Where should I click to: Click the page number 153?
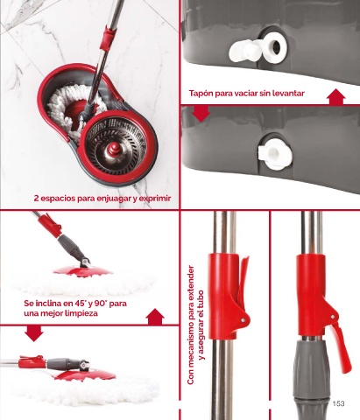(x=338, y=403)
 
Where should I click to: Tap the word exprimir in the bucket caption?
(x=155, y=199)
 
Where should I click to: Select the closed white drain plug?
(x=275, y=154)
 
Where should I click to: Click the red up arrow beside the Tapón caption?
(x=336, y=96)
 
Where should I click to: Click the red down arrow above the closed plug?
(x=201, y=114)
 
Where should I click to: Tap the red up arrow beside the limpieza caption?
(x=155, y=317)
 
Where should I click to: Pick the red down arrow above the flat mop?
(x=34, y=333)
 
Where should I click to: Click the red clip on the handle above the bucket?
(x=109, y=38)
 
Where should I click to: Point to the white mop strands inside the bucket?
(x=72, y=108)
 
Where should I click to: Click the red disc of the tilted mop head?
(x=82, y=270)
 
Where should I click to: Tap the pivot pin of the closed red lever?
(x=243, y=320)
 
